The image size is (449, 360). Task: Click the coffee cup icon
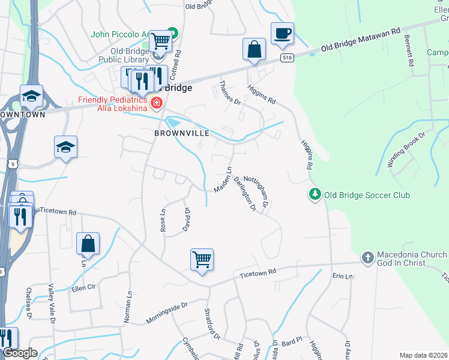282,34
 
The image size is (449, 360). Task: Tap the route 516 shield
286,58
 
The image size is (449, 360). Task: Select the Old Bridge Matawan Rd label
360,39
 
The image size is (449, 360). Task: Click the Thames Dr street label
229,94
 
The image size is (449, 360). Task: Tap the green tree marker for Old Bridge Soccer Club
313,194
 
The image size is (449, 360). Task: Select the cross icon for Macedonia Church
367,258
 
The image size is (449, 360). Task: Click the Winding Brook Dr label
406,149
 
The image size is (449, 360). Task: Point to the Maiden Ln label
223,179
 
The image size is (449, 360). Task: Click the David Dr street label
186,220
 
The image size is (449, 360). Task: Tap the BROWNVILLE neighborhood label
182,133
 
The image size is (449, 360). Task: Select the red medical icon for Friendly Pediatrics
157,103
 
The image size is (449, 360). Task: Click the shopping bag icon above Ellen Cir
88,244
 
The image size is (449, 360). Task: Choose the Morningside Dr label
167,313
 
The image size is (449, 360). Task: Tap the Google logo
19,353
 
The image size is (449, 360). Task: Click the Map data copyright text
423,355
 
